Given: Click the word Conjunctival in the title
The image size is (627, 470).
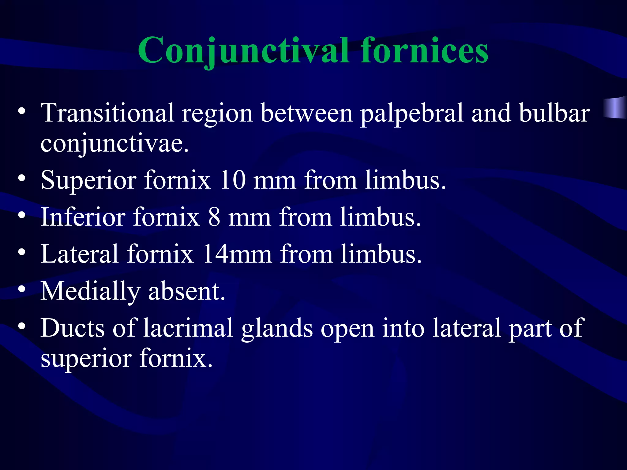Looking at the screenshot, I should click(x=243, y=51).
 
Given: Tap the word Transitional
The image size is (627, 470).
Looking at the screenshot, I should click(x=107, y=113).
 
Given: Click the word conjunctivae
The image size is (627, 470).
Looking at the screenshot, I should click(x=115, y=144).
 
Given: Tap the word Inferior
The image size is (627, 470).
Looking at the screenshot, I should click(x=83, y=217).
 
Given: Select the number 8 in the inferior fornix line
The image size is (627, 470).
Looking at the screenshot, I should click(x=214, y=217).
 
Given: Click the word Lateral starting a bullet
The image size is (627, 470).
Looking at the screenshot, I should click(x=80, y=254).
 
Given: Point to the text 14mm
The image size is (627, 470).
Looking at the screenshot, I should click(x=237, y=254).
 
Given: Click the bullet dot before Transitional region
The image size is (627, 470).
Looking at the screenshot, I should click(x=21, y=111).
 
